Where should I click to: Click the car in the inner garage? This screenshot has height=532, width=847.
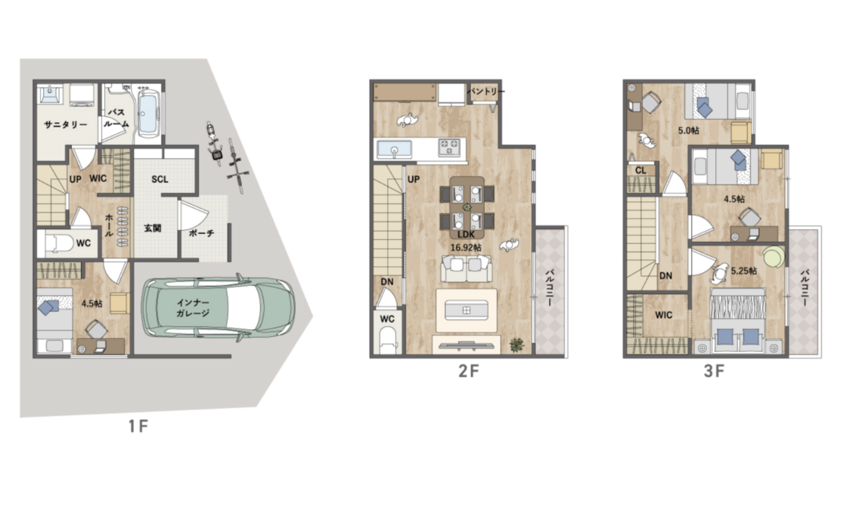pos(219,308)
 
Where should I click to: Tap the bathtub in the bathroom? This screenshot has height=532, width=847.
pos(147,113)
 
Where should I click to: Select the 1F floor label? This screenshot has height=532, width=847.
pos(138,426)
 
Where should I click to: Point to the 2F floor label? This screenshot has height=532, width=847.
pos(468,371)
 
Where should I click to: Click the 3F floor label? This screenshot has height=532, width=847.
pos(714,371)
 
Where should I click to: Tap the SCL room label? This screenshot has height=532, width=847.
pos(160,179)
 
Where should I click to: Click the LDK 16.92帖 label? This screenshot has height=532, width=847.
pos(466,241)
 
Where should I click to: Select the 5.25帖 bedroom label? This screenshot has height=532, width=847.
pos(744,270)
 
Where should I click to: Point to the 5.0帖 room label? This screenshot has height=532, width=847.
pos(688,130)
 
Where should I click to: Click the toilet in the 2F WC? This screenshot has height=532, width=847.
pos(387,341)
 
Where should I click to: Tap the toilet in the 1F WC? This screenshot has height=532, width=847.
pos(58,243)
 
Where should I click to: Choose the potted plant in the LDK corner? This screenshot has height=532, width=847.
pos(517,344)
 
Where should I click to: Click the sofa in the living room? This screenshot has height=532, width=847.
pos(467,269)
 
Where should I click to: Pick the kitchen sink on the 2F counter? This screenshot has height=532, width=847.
pos(394,148)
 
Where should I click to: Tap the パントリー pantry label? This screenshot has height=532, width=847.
pos(485,92)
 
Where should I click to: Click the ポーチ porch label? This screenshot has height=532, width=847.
pos(201,233)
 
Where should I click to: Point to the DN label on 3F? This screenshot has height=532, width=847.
pos(665,275)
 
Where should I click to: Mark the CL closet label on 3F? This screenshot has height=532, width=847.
pos(641,170)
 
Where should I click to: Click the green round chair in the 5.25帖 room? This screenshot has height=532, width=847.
pos(774,257)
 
